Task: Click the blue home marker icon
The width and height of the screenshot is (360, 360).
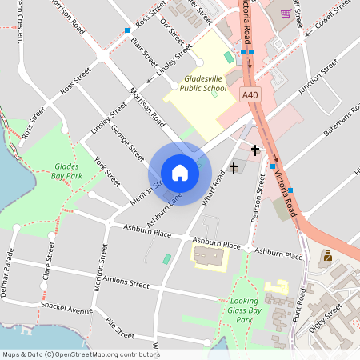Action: pyautogui.click(x=180, y=172)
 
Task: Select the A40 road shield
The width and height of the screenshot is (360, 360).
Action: pyautogui.click(x=250, y=95)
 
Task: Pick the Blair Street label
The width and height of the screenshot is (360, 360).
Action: pyautogui.click(x=144, y=50)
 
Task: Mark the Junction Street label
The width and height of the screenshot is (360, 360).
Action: pyautogui.click(x=318, y=81)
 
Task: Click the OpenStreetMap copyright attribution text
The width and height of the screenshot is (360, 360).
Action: pyautogui.click(x=80, y=354)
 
